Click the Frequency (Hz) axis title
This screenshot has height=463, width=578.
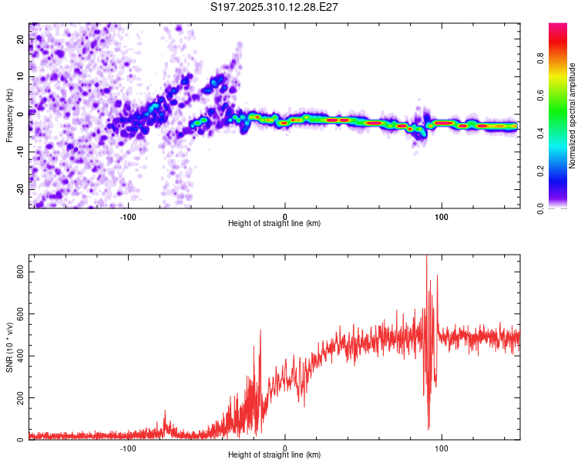click(9, 116)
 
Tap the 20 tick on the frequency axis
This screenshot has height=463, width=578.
click(22, 40)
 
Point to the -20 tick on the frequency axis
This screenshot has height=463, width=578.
click(20, 188)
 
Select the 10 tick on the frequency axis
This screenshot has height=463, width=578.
click(22, 77)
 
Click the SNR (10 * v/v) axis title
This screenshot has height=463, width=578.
click(9, 347)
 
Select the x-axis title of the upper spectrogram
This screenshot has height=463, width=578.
click(274, 223)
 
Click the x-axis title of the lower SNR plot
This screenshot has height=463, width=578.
click(274, 455)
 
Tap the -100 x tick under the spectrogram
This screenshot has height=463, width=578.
click(128, 215)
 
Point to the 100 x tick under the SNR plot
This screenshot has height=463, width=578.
click(442, 447)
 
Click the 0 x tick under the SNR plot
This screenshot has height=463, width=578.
click(285, 447)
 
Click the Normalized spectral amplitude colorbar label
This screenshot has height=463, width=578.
click(573, 116)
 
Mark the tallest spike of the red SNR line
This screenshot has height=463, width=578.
click(427, 257)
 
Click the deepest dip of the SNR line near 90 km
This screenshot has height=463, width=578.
click(428, 429)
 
